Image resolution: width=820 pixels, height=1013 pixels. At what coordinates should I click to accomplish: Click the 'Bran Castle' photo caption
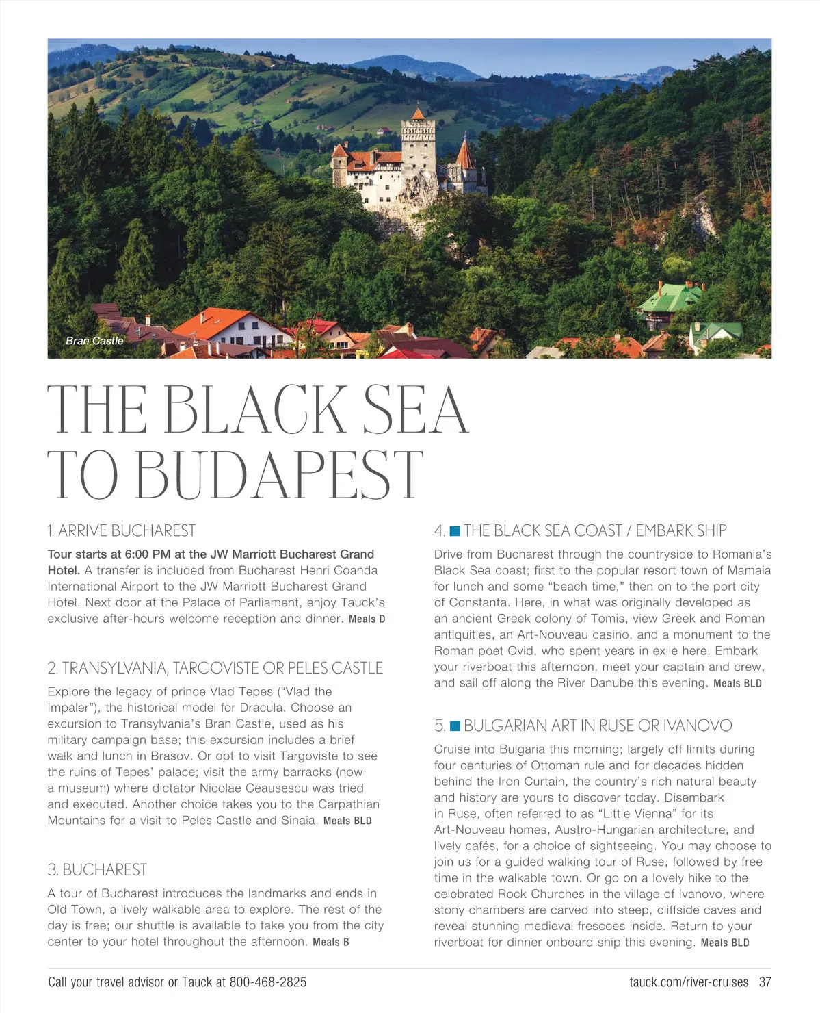94,341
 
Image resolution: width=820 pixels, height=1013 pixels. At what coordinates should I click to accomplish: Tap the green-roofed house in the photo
670,298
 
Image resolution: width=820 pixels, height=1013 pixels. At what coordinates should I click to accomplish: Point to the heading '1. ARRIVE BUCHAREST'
122,530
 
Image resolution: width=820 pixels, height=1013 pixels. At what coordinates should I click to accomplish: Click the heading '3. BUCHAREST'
97,869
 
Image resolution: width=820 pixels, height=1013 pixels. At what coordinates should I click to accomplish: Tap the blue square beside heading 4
455,531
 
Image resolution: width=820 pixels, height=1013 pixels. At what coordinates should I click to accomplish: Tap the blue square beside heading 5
455,726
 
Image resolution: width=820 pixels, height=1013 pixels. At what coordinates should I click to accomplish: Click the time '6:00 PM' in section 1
148,554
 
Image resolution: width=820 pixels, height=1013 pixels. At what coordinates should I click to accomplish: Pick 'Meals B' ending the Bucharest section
331,943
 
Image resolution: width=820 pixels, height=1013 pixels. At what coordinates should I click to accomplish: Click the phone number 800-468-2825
268,982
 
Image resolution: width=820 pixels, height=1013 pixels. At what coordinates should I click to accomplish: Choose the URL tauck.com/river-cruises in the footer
689,982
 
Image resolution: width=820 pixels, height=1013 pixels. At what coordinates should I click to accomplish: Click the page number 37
765,982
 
